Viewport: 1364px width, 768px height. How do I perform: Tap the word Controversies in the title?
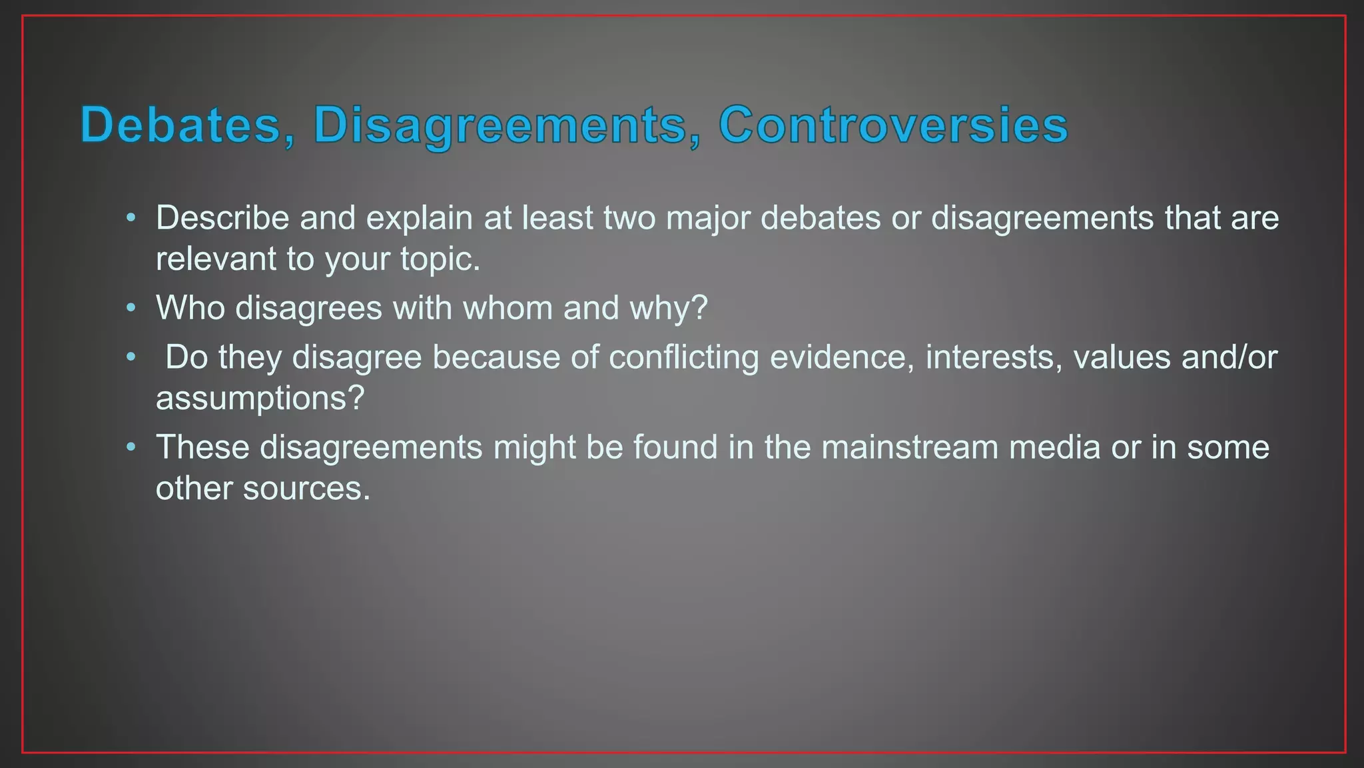point(893,125)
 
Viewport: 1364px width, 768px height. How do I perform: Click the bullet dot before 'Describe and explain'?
point(131,217)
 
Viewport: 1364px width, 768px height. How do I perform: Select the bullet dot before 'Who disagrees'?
point(131,307)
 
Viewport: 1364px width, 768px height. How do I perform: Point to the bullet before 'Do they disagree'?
point(131,357)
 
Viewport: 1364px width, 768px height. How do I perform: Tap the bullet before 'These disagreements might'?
point(131,447)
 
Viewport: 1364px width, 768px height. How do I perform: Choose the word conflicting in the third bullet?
point(683,357)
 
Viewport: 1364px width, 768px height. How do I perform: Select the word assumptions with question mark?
point(260,399)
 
